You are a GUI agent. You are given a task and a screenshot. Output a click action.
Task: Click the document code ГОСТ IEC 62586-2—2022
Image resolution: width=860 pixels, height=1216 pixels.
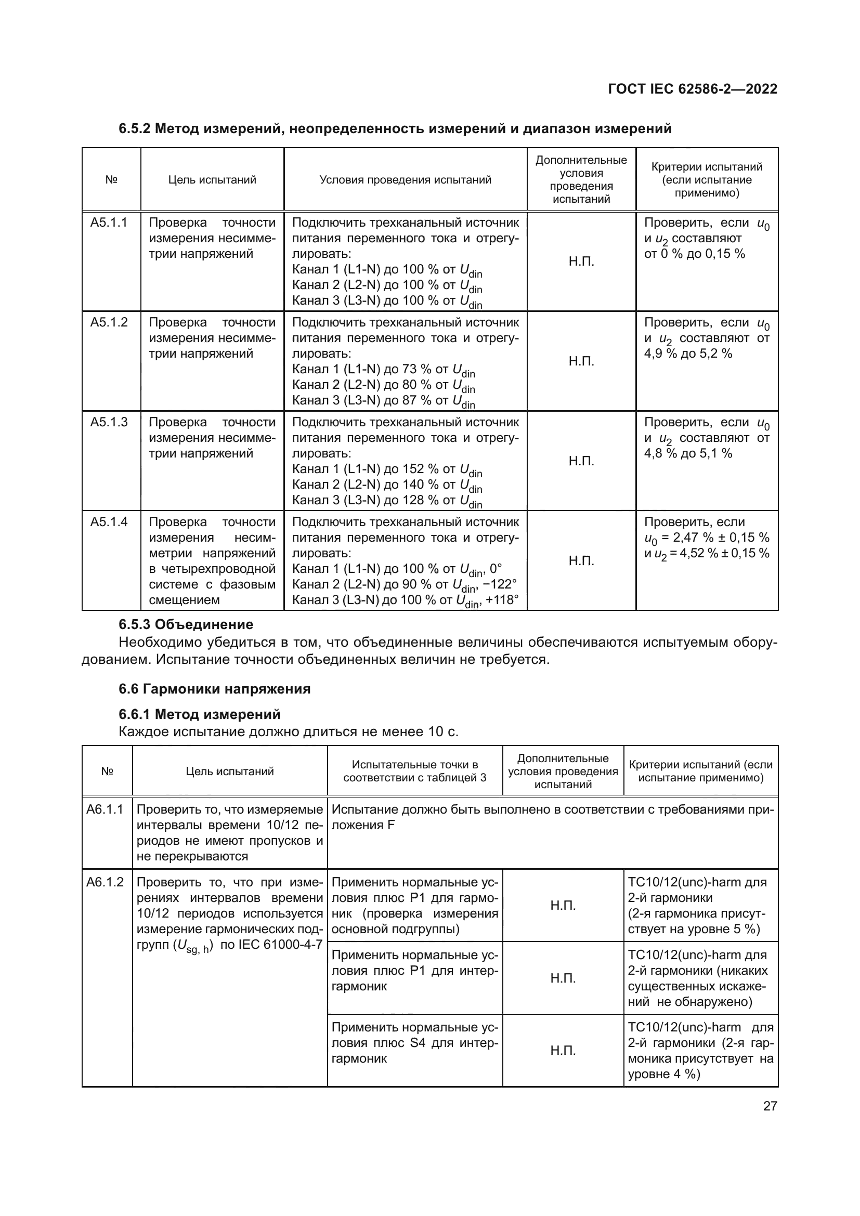click(x=692, y=89)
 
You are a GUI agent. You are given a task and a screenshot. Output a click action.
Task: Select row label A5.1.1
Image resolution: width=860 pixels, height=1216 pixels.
click(x=109, y=223)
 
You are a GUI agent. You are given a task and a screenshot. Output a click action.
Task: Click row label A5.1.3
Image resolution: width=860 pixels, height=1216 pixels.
click(x=109, y=422)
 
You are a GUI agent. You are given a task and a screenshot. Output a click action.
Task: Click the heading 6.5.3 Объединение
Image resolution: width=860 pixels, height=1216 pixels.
click(x=186, y=624)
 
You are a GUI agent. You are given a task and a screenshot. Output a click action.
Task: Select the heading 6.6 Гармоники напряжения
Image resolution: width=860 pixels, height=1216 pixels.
click(x=214, y=689)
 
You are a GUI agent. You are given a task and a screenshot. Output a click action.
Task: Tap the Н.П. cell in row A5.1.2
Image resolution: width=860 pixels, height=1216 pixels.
click(x=581, y=361)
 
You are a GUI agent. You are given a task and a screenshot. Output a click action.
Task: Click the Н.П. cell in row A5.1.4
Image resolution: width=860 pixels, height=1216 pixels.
click(x=581, y=561)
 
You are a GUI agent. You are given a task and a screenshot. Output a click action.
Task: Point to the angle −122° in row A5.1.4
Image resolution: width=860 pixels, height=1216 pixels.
click(x=499, y=584)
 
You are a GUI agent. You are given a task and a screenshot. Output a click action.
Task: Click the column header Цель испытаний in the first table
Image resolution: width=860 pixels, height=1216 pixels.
click(x=212, y=180)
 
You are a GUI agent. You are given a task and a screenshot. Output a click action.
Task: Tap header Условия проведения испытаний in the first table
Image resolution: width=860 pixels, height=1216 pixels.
click(x=405, y=180)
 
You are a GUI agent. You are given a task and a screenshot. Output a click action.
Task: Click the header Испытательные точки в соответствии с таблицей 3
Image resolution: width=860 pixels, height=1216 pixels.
click(x=414, y=771)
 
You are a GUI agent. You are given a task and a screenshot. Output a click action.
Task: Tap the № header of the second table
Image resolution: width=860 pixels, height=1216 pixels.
click(x=107, y=771)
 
